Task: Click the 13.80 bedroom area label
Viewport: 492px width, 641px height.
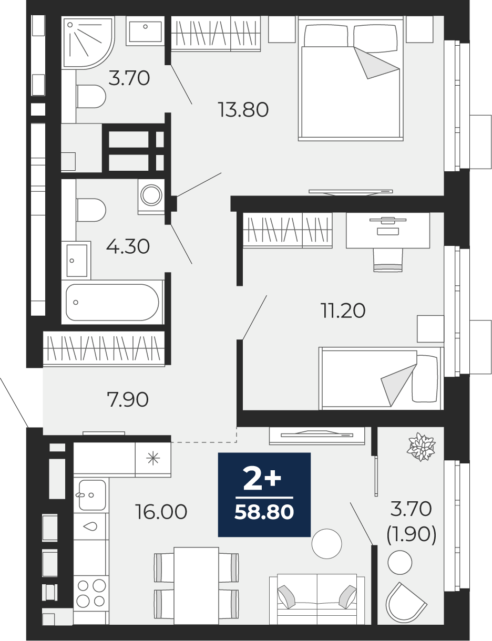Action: [243, 109]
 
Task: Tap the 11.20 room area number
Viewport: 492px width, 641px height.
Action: [343, 311]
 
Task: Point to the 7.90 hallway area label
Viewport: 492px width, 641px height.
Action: [128, 399]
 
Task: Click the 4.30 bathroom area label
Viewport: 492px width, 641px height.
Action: [128, 246]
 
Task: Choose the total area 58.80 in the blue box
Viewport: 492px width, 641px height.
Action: [264, 512]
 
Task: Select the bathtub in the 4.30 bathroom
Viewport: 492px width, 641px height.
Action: [112, 302]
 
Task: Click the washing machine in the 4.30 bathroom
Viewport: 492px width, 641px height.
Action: [151, 196]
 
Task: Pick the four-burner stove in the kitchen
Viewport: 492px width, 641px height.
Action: [91, 592]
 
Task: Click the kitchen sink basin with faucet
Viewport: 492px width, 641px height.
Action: [91, 495]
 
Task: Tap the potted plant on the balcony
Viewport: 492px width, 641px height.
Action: [421, 446]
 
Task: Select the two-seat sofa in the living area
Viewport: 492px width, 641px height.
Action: [317, 599]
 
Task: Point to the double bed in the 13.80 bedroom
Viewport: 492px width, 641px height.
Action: [351, 78]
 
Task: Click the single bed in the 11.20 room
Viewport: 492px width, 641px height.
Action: [381, 378]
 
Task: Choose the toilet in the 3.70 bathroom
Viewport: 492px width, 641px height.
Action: [91, 97]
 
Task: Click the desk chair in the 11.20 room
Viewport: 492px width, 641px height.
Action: [388, 260]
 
